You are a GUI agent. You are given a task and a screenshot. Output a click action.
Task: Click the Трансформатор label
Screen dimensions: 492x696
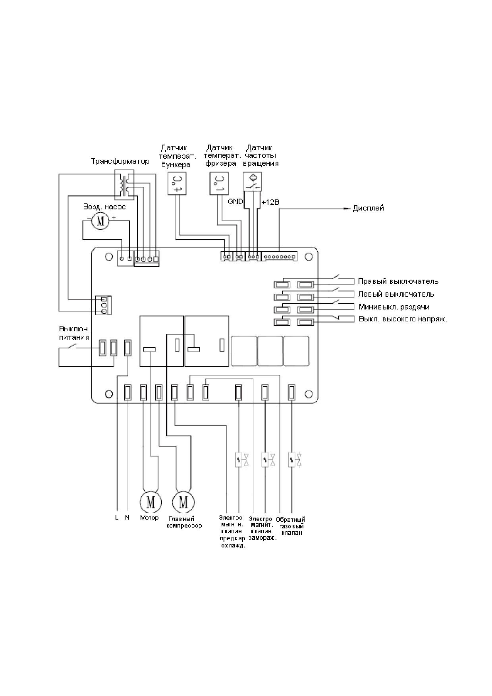point(120,161)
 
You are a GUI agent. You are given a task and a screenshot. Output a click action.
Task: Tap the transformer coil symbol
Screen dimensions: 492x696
point(124,184)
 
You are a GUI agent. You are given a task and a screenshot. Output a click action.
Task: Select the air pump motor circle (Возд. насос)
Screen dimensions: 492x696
point(100,220)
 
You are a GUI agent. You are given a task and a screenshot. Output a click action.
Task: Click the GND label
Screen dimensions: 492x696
point(235,202)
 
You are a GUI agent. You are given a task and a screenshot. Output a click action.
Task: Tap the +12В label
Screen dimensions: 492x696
point(270,202)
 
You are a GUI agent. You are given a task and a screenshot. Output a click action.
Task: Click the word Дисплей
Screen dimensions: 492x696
point(369,208)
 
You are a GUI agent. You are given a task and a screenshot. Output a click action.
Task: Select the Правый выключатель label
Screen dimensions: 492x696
point(398,281)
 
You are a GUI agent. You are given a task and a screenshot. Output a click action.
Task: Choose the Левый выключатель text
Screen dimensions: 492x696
point(396,294)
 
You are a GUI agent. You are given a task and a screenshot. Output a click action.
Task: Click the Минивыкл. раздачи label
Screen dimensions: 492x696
point(394,307)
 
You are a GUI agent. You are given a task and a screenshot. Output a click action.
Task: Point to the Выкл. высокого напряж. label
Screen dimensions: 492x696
point(403,319)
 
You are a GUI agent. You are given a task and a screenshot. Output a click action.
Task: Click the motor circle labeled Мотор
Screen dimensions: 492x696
point(150,502)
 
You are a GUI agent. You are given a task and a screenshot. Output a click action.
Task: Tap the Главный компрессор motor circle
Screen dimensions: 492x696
point(183,502)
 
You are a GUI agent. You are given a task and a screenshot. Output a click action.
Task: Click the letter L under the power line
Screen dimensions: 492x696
point(117,518)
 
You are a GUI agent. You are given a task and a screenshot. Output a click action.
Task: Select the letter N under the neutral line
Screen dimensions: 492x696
point(127,518)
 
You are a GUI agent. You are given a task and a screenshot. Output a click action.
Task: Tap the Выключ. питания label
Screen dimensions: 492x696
point(74,333)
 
